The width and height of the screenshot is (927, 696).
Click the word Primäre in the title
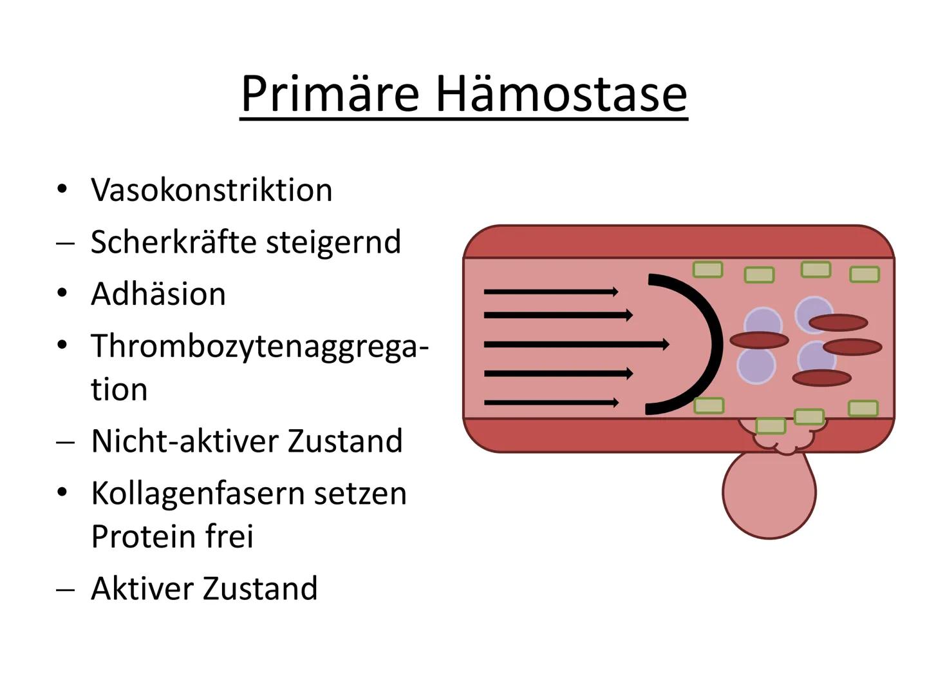(x=330, y=94)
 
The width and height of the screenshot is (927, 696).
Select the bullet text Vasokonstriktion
(x=212, y=189)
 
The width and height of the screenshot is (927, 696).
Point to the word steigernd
(x=333, y=243)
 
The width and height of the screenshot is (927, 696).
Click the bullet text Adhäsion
(x=158, y=293)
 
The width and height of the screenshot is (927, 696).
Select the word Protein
(x=143, y=537)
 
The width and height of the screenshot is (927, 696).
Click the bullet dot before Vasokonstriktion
(x=62, y=189)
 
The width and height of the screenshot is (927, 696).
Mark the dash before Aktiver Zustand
(x=65, y=590)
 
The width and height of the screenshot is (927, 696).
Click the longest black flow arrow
(x=576, y=344)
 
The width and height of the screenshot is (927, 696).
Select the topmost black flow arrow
(x=551, y=291)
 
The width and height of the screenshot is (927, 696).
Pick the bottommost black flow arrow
(x=551, y=403)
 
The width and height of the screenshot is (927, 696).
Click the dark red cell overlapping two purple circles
(x=759, y=340)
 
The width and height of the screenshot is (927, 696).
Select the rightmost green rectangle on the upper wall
(x=865, y=275)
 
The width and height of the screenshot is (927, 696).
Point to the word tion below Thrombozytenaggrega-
(x=119, y=389)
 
